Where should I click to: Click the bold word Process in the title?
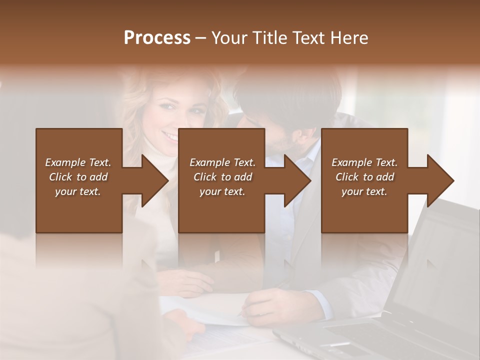coord(157,38)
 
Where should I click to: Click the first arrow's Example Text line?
coord(78,162)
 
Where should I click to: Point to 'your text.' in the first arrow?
coord(78,191)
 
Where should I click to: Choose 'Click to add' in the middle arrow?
coord(222,177)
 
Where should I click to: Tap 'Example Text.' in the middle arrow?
coord(222,162)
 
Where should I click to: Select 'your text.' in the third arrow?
coord(364,191)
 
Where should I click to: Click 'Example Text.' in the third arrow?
coord(364,162)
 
